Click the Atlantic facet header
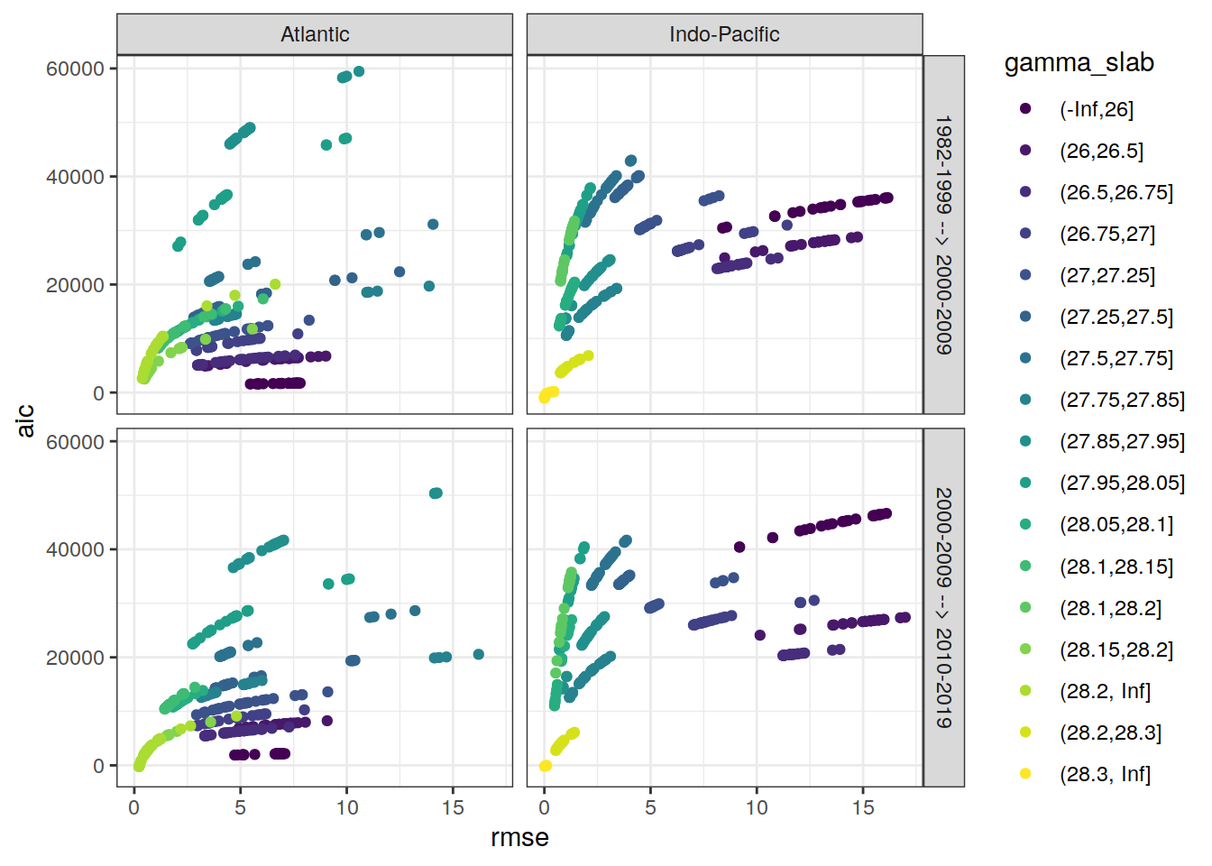pyautogui.click(x=315, y=34)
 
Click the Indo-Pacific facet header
pyautogui.click(x=724, y=34)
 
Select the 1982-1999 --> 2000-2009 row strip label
pyautogui.click(x=943, y=235)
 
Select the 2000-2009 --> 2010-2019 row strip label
pyautogui.click(x=943, y=607)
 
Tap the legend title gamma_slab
pyautogui.click(x=1079, y=63)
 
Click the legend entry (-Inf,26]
pyautogui.click(x=1096, y=109)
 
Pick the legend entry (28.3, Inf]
pyautogui.click(x=1105, y=774)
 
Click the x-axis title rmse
pyautogui.click(x=519, y=837)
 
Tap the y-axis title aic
pyautogui.click(x=25, y=420)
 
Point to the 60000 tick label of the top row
pyautogui.click(x=75, y=69)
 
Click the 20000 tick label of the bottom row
pyautogui.click(x=75, y=658)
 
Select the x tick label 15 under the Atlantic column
pyautogui.click(x=453, y=807)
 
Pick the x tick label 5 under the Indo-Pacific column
pyautogui.click(x=650, y=807)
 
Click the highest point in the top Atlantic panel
pyautogui.click(x=359, y=71)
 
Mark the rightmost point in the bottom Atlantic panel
pyautogui.click(x=479, y=655)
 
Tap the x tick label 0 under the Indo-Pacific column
pyautogui.click(x=544, y=807)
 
